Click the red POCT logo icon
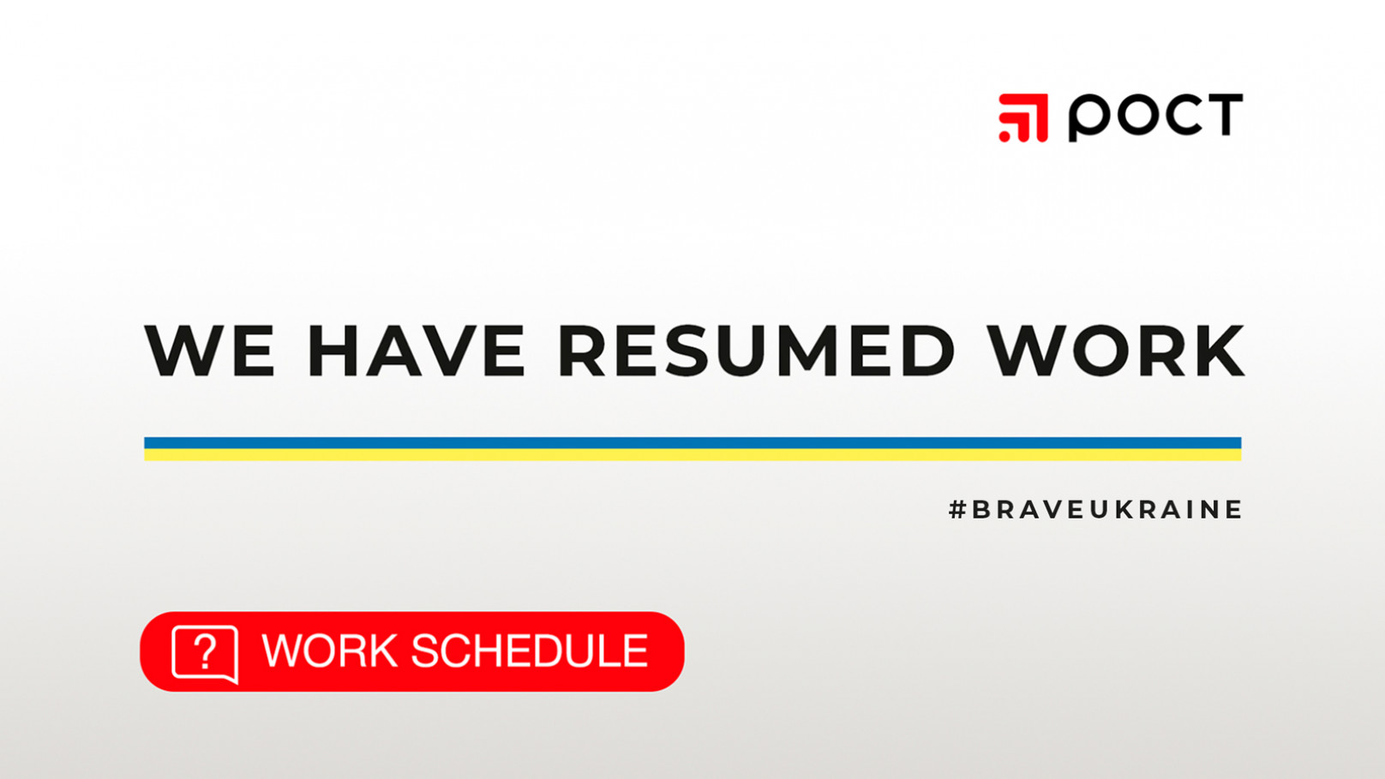[x=1023, y=118]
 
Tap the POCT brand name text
[x=1155, y=117]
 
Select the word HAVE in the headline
[x=417, y=351]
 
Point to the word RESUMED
[x=758, y=351]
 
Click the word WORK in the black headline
[x=1116, y=351]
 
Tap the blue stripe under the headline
[x=692, y=443]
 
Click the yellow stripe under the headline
[x=692, y=455]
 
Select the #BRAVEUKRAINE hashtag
[x=1095, y=509]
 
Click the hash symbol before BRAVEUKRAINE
[x=957, y=509]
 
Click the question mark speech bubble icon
[x=205, y=654]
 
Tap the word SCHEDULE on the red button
[x=530, y=650]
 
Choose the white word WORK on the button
[x=330, y=650]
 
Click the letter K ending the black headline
[x=1219, y=351]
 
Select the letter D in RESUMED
[x=928, y=351]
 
